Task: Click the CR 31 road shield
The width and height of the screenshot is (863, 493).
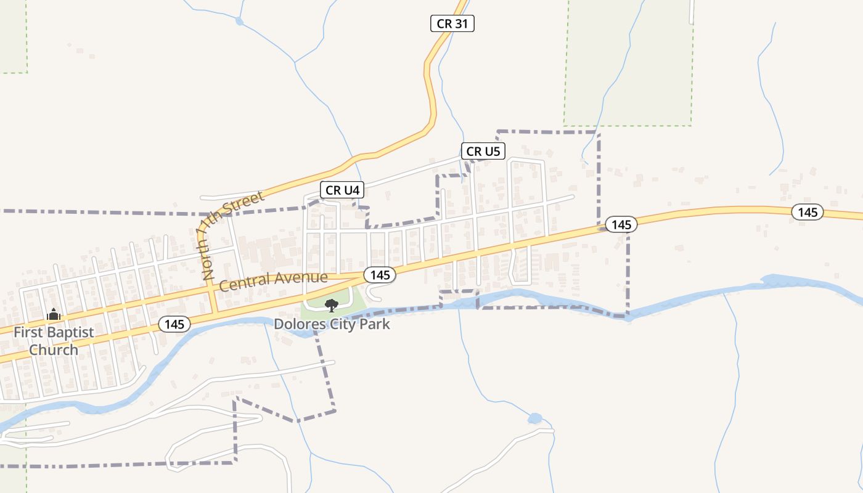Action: (x=452, y=24)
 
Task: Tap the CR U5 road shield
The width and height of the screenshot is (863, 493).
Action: (x=483, y=151)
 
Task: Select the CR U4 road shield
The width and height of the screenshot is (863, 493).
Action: (x=342, y=190)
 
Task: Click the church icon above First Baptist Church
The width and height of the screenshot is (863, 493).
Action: (x=54, y=315)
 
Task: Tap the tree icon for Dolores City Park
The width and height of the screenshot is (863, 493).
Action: (x=332, y=304)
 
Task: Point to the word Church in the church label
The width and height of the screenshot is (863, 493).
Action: (x=54, y=350)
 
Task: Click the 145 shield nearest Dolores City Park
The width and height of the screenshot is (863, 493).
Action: (x=380, y=275)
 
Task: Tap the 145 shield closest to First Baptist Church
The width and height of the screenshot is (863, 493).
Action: (x=174, y=324)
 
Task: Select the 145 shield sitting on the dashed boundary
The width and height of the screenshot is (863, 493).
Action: (x=621, y=225)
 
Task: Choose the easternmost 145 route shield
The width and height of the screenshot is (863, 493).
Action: (x=808, y=213)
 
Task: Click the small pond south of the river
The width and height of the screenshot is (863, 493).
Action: (x=534, y=418)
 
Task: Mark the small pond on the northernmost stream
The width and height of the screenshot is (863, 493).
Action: (x=239, y=22)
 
